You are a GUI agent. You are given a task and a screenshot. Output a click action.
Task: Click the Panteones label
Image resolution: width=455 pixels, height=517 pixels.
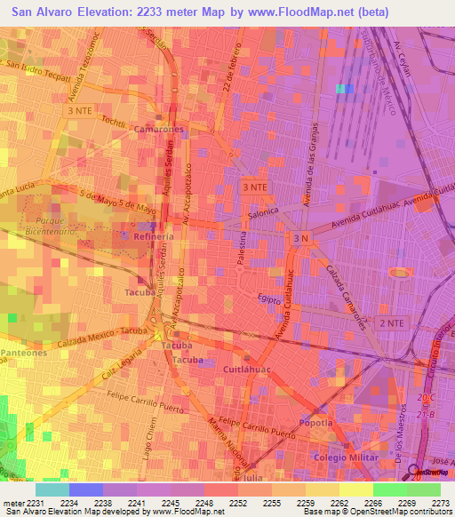pos(23,353)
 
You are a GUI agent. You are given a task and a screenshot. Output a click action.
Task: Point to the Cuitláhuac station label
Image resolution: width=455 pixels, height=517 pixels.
pos(246,368)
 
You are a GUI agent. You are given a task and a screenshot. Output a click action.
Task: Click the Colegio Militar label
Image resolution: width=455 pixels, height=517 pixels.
pos(342,457)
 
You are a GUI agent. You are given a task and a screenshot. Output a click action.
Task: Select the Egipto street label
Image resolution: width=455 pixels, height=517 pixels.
pos(269,300)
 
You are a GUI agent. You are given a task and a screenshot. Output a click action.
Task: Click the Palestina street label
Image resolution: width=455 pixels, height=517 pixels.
pos(242,251)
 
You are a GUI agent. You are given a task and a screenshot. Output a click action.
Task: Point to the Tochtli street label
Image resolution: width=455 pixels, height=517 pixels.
pos(113,120)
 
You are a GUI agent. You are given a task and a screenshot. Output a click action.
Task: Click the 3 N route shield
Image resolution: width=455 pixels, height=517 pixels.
pos(300,239)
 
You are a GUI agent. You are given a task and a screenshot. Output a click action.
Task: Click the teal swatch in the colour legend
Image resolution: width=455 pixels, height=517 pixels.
pos(52,489)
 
